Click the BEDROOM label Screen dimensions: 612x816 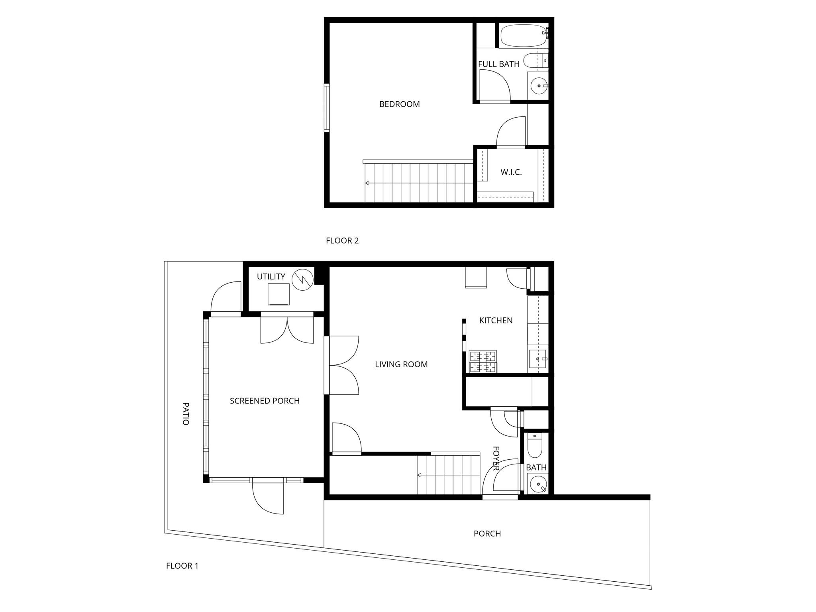click(x=399, y=104)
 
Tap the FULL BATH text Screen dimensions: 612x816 click(x=498, y=64)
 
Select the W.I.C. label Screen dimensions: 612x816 click(x=511, y=172)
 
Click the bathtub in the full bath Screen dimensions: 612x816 click(x=522, y=35)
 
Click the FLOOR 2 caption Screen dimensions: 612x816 click(x=342, y=241)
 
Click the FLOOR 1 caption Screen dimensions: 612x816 click(x=182, y=566)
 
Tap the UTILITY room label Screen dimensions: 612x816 click(x=271, y=277)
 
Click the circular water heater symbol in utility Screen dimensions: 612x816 click(x=302, y=279)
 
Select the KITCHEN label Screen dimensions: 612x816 click(x=496, y=321)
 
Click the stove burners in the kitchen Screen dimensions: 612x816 click(x=483, y=362)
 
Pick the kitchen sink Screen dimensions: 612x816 click(x=537, y=359)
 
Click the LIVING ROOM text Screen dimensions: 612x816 click(x=401, y=364)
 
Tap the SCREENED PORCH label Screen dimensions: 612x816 click(x=265, y=401)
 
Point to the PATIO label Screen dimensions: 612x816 click(x=186, y=413)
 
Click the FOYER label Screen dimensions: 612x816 click(x=496, y=458)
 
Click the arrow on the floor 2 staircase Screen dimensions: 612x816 click(x=367, y=183)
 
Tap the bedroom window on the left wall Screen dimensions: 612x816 click(x=327, y=108)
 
